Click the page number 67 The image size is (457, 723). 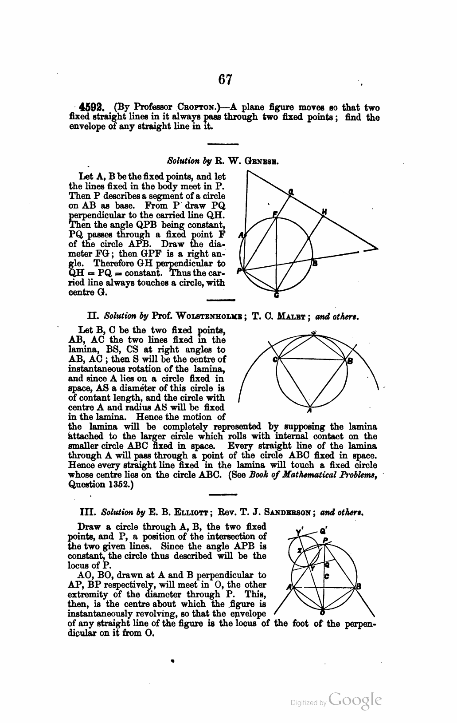[x=225, y=79]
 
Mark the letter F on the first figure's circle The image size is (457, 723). [x=274, y=215]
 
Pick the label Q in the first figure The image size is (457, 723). [x=291, y=192]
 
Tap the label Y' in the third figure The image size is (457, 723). [x=299, y=531]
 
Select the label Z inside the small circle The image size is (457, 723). [x=300, y=550]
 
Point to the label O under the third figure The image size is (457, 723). [x=323, y=612]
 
